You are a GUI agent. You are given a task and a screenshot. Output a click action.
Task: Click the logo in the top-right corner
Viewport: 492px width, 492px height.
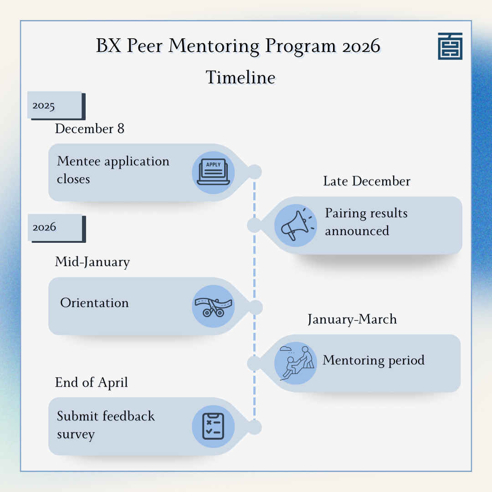click(x=450, y=46)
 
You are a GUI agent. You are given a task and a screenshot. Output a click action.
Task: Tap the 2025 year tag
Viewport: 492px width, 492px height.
click(x=56, y=105)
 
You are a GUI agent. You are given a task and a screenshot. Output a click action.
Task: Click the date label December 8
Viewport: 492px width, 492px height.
click(x=90, y=128)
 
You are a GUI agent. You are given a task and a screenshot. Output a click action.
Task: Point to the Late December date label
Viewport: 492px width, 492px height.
click(x=367, y=181)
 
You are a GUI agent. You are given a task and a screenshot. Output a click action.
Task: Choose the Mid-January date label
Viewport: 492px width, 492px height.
click(x=92, y=262)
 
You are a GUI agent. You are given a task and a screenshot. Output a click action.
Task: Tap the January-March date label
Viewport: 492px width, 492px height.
click(x=352, y=319)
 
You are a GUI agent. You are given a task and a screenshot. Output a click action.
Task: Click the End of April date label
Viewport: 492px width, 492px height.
click(x=91, y=383)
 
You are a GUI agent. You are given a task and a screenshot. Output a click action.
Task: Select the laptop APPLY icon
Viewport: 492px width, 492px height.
click(x=213, y=173)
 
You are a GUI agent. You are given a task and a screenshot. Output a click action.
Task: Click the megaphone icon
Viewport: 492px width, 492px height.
click(x=296, y=225)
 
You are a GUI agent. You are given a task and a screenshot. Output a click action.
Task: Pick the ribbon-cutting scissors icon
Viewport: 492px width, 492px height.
click(x=213, y=306)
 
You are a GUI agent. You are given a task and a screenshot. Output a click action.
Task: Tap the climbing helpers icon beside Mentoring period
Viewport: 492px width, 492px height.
click(x=296, y=363)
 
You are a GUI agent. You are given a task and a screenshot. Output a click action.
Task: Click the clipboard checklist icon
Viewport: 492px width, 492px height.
click(x=213, y=426)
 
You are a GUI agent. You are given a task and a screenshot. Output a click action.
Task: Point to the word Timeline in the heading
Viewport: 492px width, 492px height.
click(x=241, y=77)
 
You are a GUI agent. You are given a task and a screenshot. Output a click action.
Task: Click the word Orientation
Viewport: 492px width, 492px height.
click(x=94, y=303)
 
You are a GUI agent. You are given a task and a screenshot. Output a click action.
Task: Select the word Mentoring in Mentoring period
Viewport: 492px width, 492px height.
click(x=354, y=360)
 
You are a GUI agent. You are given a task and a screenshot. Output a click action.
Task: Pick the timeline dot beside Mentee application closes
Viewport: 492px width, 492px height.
click(x=255, y=172)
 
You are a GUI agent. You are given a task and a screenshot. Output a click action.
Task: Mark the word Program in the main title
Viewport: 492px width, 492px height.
click(x=301, y=46)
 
